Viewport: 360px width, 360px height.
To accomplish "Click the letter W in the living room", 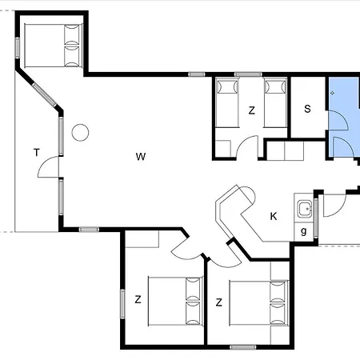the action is click(x=141, y=157).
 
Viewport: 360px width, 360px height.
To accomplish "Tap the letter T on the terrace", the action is click(x=37, y=153).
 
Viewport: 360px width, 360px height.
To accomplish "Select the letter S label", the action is click(x=307, y=109).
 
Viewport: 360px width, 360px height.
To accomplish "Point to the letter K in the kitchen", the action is click(x=274, y=216).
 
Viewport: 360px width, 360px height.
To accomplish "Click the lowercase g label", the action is click(x=304, y=231).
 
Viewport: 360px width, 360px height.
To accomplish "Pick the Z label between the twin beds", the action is click(x=251, y=110).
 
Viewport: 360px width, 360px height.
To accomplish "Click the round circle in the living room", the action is click(x=80, y=133).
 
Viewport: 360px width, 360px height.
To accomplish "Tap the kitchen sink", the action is click(x=305, y=209).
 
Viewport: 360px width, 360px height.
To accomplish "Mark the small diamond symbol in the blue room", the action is click(x=332, y=93).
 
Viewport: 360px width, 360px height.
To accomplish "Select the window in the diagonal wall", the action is click(x=45, y=95).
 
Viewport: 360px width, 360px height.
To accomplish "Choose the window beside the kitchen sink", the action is click(x=316, y=218).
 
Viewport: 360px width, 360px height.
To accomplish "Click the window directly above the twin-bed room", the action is click(x=248, y=74).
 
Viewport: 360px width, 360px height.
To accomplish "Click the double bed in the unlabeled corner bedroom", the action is click(x=54, y=46).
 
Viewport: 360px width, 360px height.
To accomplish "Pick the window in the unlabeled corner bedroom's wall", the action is click(x=18, y=48).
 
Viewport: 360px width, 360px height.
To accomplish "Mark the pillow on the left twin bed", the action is click(x=227, y=86).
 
